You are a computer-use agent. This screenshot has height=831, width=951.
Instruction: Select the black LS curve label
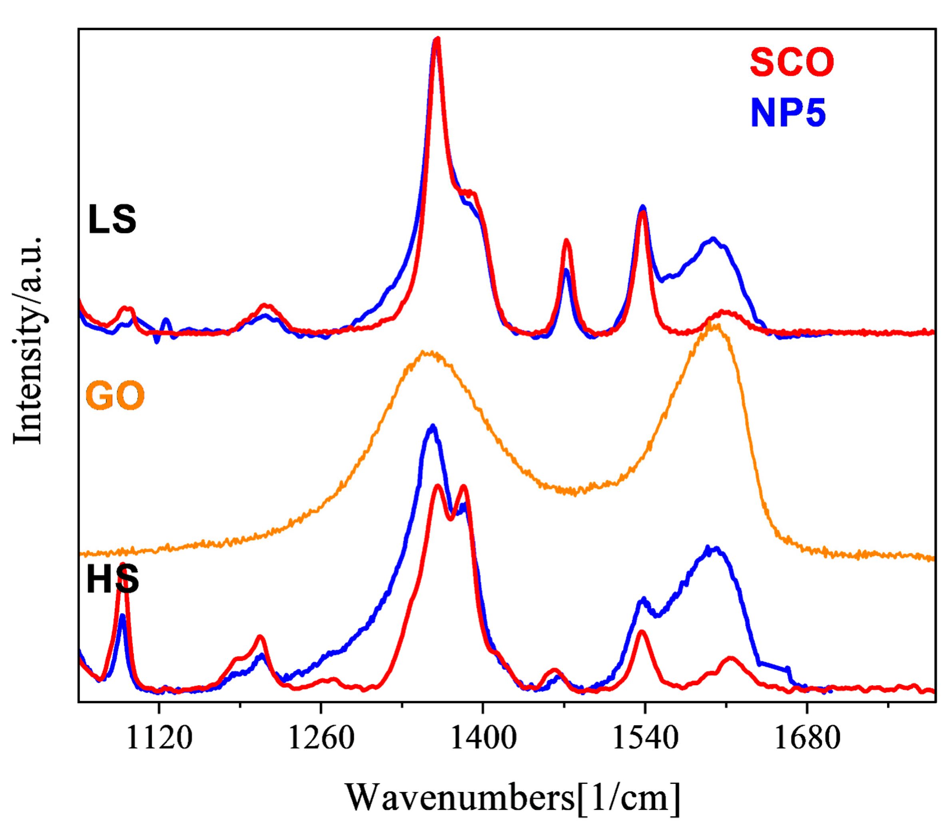point(112,219)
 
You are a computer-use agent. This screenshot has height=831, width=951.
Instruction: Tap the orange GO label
point(115,396)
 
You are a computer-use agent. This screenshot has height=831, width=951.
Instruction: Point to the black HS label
point(112,580)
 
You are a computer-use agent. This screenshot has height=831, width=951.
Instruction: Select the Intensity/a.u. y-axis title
point(28,341)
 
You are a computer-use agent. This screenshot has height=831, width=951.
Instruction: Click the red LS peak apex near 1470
point(566,240)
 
